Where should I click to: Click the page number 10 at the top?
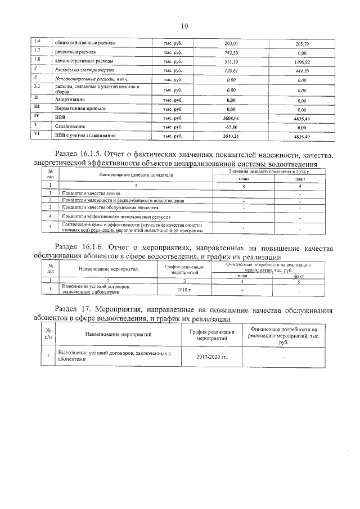[184, 25]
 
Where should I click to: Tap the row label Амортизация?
[69, 100]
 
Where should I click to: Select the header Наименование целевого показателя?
[136, 175]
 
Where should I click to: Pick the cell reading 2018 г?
[184, 290]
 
